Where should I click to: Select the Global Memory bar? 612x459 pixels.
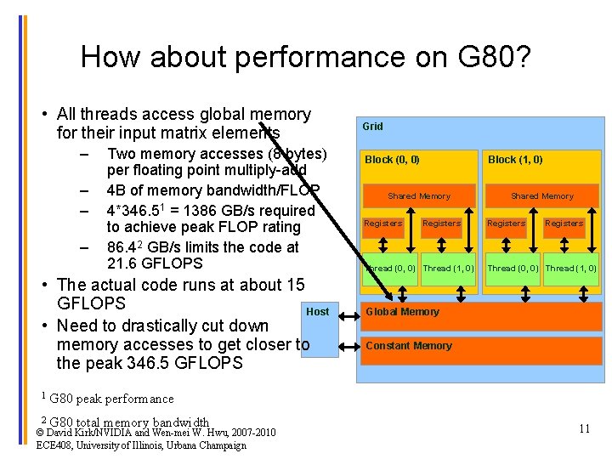pos(481,315)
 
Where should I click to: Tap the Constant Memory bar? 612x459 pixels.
pos(481,349)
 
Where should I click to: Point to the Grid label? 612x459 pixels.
pos(372,126)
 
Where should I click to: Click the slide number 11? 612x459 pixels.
pos(584,428)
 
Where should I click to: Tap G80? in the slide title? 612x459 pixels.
pos(501,57)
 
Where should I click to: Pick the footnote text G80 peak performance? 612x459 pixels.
pos(111,398)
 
